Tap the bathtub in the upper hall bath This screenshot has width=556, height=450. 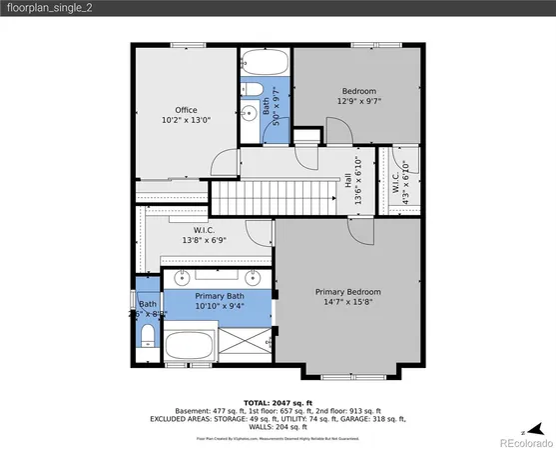click(x=264, y=63)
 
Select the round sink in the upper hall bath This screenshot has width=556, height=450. click(x=247, y=114)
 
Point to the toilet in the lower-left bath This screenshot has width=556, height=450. click(x=147, y=333)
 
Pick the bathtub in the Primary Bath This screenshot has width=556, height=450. click(x=190, y=349)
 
